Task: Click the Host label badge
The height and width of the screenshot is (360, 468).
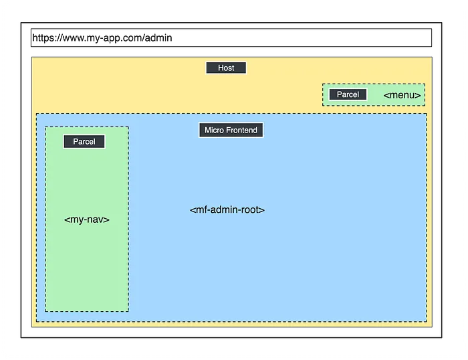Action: tap(226, 68)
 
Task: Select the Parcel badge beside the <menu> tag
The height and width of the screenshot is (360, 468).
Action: tap(348, 94)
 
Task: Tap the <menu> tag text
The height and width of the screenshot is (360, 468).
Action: tap(402, 95)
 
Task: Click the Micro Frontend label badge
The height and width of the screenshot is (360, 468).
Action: tap(231, 130)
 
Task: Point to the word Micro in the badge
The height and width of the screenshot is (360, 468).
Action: tap(214, 130)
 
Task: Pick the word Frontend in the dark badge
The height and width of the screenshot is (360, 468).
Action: tap(241, 130)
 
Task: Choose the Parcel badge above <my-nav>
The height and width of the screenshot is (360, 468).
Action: tap(84, 141)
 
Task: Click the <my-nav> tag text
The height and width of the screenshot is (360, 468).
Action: tap(87, 219)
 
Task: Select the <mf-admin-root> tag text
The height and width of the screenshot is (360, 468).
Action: tap(227, 209)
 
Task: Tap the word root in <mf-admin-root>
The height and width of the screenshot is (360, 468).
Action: tap(251, 209)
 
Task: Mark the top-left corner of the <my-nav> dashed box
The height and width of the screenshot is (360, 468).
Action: tap(45, 127)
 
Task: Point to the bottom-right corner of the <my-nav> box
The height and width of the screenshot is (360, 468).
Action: tap(128, 311)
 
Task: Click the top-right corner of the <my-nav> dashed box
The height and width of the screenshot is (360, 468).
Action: tap(128, 127)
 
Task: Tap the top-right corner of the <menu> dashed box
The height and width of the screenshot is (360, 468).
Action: tap(425, 84)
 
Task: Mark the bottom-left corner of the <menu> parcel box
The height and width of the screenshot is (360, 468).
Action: tap(323, 105)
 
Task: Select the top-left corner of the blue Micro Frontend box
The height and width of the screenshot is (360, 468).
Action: tap(36, 114)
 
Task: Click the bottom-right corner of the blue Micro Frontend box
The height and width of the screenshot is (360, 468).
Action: tap(426, 321)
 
